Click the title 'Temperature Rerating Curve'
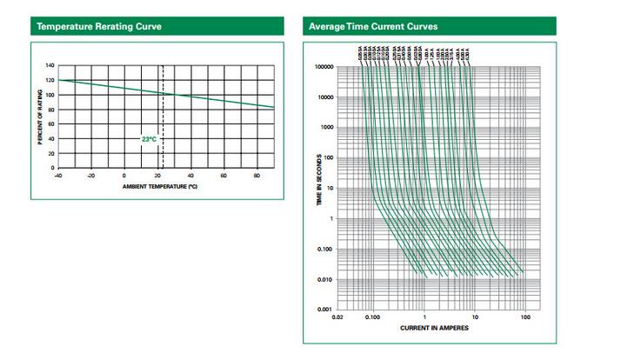click(98, 27)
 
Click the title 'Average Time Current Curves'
click(373, 27)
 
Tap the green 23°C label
click(150, 138)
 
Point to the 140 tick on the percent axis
click(50, 66)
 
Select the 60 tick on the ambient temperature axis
click(224, 175)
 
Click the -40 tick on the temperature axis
click(57, 175)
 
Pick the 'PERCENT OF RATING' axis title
click(40, 117)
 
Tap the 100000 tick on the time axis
click(324, 66)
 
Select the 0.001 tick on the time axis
click(326, 310)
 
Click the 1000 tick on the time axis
click(327, 127)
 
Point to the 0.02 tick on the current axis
click(337, 317)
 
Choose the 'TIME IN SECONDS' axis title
click(318, 187)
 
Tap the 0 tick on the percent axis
click(52, 167)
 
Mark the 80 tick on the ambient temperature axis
click(257, 175)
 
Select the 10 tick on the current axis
click(475, 317)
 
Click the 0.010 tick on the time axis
click(326, 279)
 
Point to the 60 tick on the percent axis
click(50, 123)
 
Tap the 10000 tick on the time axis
click(325, 97)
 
